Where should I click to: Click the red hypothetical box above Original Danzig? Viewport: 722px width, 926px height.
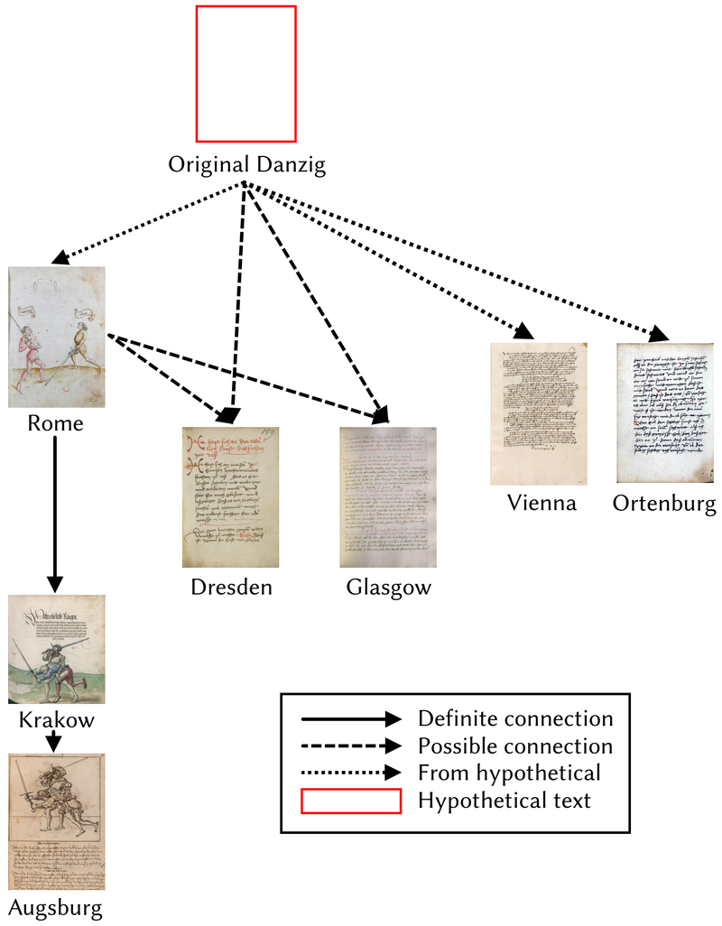[245, 73]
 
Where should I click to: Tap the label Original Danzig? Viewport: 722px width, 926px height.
[246, 165]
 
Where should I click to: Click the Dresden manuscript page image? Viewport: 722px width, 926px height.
[230, 496]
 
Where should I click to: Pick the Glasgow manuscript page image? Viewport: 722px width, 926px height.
[388, 496]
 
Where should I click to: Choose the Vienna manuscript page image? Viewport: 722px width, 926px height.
[538, 413]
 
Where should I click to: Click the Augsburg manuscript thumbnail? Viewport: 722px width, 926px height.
[56, 821]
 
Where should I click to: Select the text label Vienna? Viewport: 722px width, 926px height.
[541, 503]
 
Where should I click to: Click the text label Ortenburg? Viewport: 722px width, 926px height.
[664, 503]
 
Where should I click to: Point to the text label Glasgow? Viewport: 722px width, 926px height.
[388, 588]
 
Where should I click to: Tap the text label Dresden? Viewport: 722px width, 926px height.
[231, 588]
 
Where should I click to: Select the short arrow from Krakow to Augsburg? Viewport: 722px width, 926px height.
[54, 740]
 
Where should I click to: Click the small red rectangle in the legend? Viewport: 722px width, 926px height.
[350, 801]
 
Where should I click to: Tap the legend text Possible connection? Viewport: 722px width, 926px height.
[514, 746]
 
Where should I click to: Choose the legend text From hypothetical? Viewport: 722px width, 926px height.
[508, 773]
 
